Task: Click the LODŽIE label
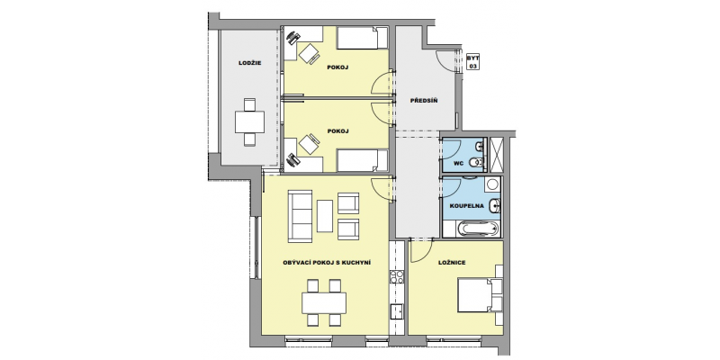(x=250, y=63)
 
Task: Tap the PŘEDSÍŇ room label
(x=423, y=100)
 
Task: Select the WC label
(x=458, y=163)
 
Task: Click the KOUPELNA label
(x=467, y=206)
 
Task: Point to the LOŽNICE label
(x=452, y=263)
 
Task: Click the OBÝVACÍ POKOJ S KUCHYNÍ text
(x=327, y=263)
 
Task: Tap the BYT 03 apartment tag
(x=472, y=62)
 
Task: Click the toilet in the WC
(x=477, y=162)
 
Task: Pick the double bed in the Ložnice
(x=481, y=295)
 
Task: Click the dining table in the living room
(x=324, y=303)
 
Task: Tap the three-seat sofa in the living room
(x=300, y=216)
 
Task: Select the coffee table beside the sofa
(x=325, y=216)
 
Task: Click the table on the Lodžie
(x=250, y=122)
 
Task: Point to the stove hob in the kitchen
(x=397, y=276)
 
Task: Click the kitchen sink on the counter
(x=397, y=310)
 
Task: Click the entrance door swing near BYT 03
(x=445, y=60)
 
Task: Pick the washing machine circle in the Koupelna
(x=492, y=184)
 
